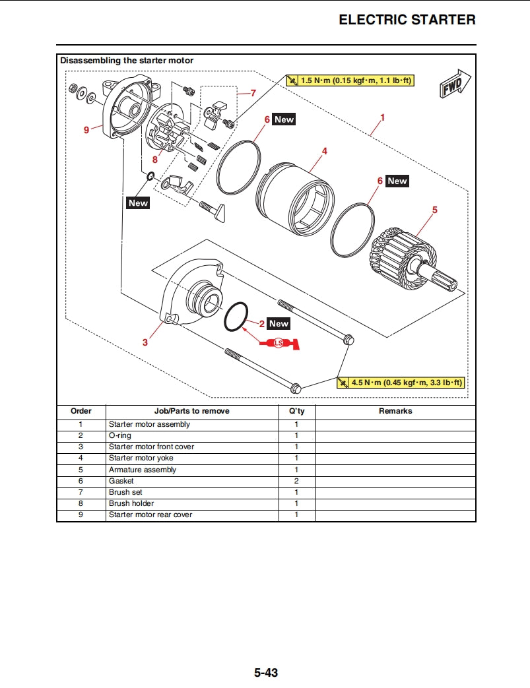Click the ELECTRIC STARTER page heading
coord(407,20)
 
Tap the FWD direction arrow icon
coord(455,84)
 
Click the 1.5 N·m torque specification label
coord(355,80)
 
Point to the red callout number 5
coord(435,210)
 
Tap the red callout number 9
coord(86,130)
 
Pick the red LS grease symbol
coord(280,343)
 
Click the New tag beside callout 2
coord(279,324)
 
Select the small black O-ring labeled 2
coord(236,317)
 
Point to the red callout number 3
coord(145,342)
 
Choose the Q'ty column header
coord(296,411)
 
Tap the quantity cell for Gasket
coord(296,481)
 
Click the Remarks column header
coord(395,411)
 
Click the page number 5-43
coord(265,673)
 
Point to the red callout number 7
coord(253,93)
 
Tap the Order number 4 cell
coord(81,458)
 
